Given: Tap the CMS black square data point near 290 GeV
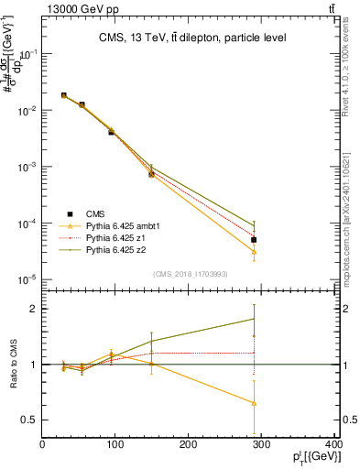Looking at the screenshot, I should pos(254,240).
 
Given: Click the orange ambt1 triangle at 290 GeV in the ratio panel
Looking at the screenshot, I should pos(254,403).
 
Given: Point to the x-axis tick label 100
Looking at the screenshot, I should pos(115,445).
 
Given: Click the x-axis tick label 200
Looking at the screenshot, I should pos(189,445).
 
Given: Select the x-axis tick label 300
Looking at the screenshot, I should pos(262,445).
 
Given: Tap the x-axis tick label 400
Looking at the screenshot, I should pos(333,445).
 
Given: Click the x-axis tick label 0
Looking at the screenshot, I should pos(42,445).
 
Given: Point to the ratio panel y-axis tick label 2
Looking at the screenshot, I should pos(34,309).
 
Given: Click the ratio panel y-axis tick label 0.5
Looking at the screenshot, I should pos(29,420).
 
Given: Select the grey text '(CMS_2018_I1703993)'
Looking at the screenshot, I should pos(189,274).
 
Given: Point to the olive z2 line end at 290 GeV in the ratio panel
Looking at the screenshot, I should pos(254,319).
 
